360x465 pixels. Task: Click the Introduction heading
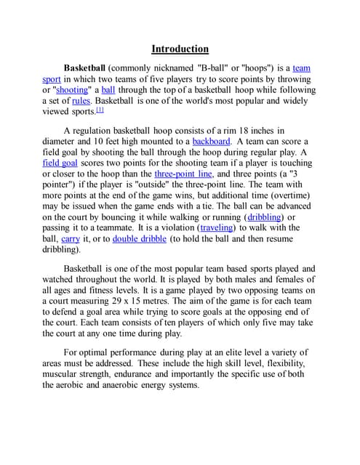click(180, 49)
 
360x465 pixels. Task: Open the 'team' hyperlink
click(301, 68)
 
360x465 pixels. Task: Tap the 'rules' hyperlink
click(81, 101)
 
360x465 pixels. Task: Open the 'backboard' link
click(211, 141)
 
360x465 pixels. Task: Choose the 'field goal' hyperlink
click(62, 163)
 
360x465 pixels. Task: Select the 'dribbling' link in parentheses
click(265, 217)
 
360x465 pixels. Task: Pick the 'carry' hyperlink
click(70, 239)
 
